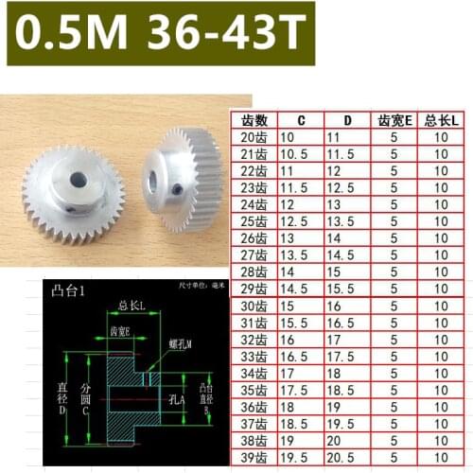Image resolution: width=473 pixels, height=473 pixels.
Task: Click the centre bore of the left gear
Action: (x=74, y=176)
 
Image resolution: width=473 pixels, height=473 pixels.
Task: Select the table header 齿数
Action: (x=255, y=120)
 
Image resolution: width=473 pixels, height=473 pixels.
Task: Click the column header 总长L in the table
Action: (x=441, y=120)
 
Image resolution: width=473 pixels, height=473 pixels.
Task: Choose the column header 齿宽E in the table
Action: (x=393, y=120)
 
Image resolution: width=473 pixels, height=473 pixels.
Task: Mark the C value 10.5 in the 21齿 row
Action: (x=298, y=154)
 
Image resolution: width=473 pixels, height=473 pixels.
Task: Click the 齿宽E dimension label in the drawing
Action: (x=120, y=332)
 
